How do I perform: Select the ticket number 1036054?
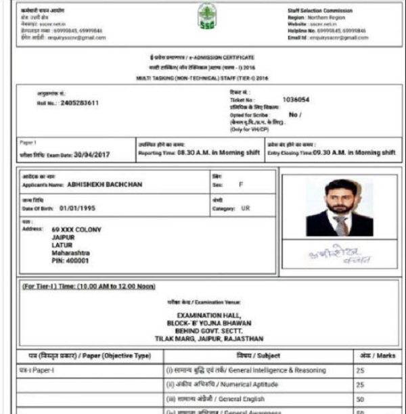pos(295,99)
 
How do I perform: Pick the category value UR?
pos(245,208)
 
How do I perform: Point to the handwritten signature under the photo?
pos(338,256)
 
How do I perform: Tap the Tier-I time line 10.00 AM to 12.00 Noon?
pos(89,286)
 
